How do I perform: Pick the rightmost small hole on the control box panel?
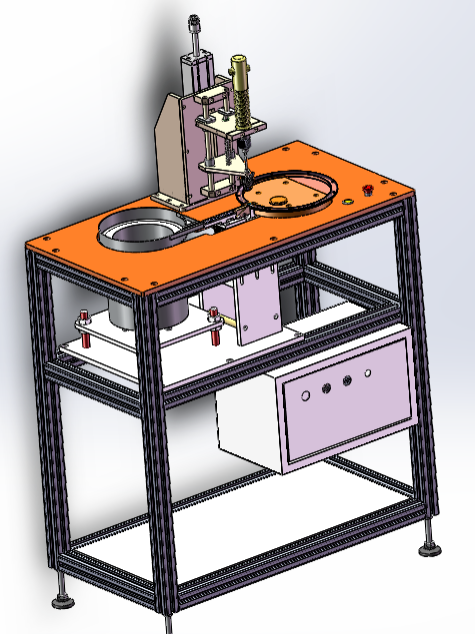[368, 373]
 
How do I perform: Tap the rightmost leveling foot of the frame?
[431, 546]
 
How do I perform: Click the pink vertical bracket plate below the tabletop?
[258, 305]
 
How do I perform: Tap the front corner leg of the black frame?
[160, 449]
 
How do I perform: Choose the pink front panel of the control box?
[345, 399]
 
